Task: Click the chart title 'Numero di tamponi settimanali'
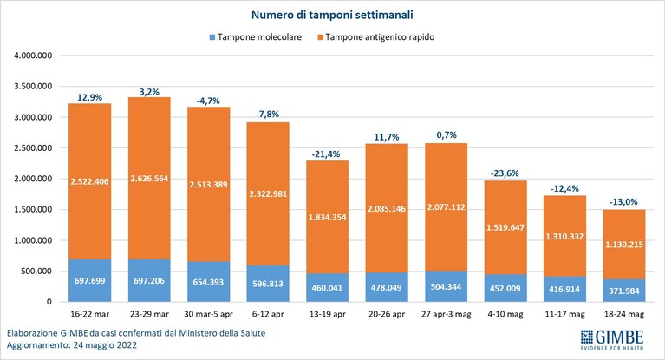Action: [332, 15]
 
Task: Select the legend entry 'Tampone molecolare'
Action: [255, 37]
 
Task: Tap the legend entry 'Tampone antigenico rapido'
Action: [375, 37]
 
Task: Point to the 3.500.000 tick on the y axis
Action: [33, 86]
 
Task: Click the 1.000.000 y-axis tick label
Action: [33, 240]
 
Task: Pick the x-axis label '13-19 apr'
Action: [327, 315]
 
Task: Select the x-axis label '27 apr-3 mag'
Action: [447, 315]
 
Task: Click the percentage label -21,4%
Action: [326, 154]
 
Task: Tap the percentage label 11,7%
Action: [387, 137]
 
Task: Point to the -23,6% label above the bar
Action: [505, 173]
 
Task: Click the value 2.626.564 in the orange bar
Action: [149, 179]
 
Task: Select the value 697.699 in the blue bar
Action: [89, 280]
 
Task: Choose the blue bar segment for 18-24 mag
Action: [624, 291]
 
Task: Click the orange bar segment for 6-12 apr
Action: [268, 194]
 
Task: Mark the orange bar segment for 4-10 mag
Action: [505, 227]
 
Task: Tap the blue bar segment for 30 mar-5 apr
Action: [209, 282]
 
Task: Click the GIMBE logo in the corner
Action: [612, 340]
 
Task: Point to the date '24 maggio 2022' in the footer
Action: [105, 344]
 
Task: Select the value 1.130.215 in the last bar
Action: [624, 245]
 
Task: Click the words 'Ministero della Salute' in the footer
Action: [222, 333]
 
